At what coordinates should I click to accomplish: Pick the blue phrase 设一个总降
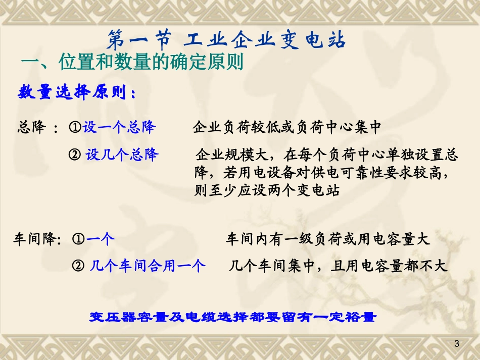point(119,127)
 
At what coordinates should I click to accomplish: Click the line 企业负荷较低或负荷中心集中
point(286,127)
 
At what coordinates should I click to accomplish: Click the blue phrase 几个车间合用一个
point(148,266)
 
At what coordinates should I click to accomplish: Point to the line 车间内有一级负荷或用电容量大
point(327,239)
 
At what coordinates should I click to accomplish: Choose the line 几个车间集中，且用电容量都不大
point(338,266)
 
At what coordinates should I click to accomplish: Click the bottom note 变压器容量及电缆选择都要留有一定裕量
point(233,317)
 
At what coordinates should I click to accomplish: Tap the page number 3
point(457,344)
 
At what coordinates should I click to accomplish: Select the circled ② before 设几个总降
point(75,155)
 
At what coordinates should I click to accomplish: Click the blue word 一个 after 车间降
point(100,239)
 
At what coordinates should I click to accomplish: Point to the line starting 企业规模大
point(326,155)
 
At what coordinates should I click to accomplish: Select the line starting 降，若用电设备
point(321,173)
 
